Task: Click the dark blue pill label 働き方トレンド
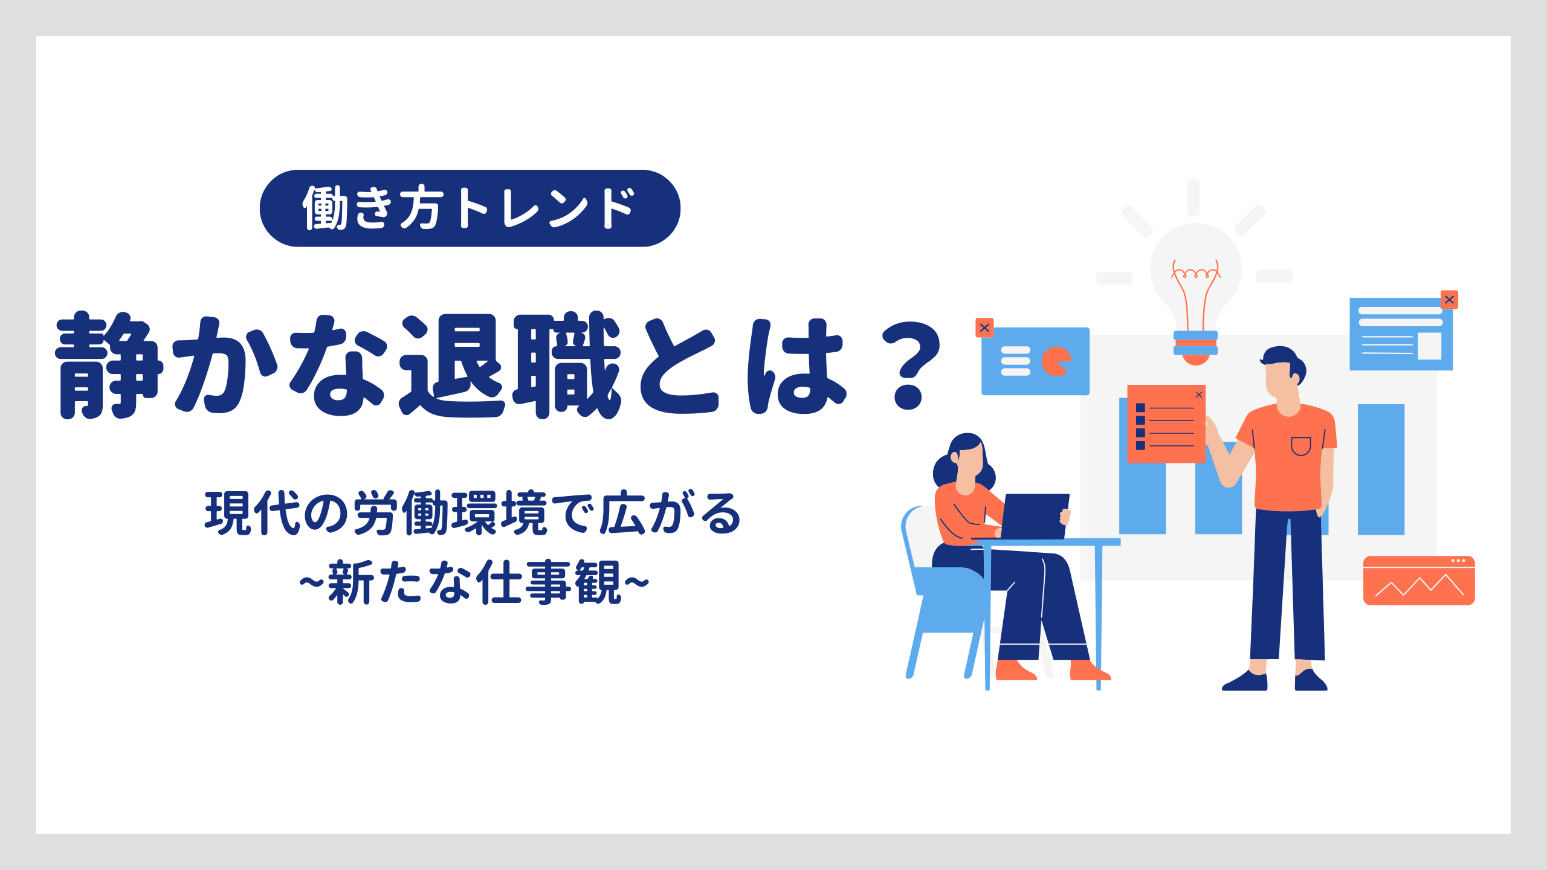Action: click(x=470, y=208)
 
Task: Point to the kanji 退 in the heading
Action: click(x=452, y=365)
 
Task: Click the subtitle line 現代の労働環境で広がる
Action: click(x=473, y=513)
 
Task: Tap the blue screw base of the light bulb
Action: click(x=1195, y=343)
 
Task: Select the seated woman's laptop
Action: click(x=1034, y=517)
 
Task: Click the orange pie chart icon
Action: click(x=1056, y=361)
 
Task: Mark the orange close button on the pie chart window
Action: click(x=984, y=327)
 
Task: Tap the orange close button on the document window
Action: click(x=1449, y=300)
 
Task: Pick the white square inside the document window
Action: click(x=1429, y=346)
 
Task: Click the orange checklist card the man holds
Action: click(x=1166, y=424)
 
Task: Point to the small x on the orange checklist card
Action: click(x=1199, y=395)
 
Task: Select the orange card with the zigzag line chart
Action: click(x=1419, y=581)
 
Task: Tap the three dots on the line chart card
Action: click(x=1458, y=561)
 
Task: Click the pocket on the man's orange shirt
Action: click(x=1300, y=446)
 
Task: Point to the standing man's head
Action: click(x=1282, y=372)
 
